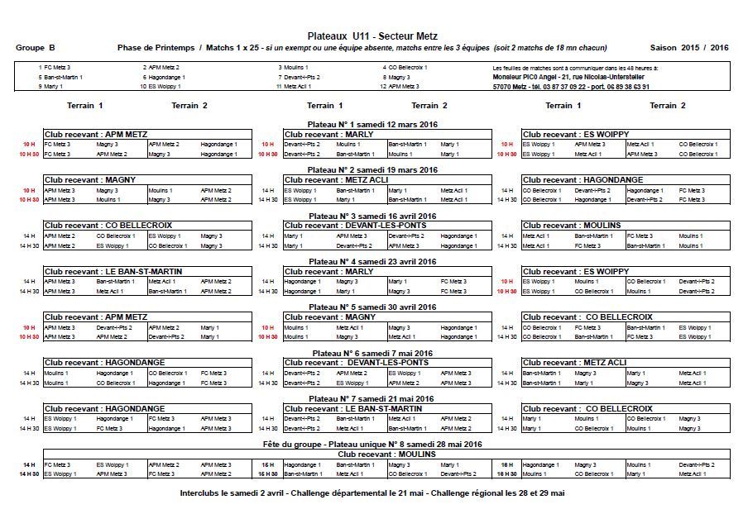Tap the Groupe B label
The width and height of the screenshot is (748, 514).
[36, 48]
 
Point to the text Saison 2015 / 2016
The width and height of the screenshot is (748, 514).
[689, 48]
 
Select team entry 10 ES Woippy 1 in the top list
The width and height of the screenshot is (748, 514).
[160, 86]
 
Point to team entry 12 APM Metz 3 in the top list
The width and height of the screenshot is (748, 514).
[400, 86]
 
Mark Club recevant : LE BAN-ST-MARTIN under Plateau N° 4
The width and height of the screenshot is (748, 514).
[113, 271]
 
